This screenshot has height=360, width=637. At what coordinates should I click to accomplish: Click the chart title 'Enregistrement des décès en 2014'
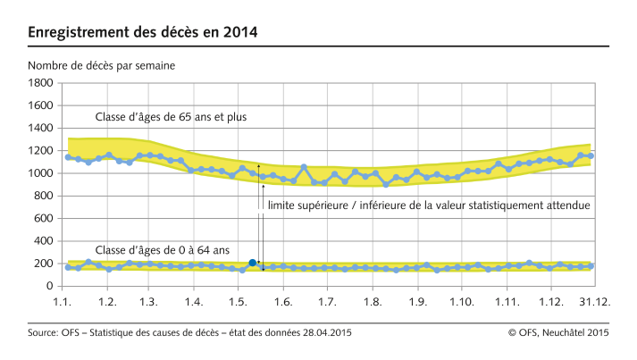pyautogui.click(x=143, y=33)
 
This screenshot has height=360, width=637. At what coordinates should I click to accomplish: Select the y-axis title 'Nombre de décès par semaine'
pyautogui.click(x=101, y=66)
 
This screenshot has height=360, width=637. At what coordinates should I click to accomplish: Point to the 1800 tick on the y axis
pyautogui.click(x=39, y=83)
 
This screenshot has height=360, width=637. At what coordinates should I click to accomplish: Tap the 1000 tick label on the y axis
pyautogui.click(x=39, y=173)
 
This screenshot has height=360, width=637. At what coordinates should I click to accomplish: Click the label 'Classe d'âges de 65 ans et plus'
pyautogui.click(x=171, y=117)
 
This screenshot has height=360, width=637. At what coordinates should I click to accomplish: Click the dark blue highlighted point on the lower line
pyautogui.click(x=253, y=263)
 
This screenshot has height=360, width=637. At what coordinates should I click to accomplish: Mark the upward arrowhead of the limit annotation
pyautogui.click(x=259, y=166)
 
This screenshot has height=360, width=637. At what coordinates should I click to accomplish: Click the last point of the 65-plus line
pyautogui.click(x=591, y=155)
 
